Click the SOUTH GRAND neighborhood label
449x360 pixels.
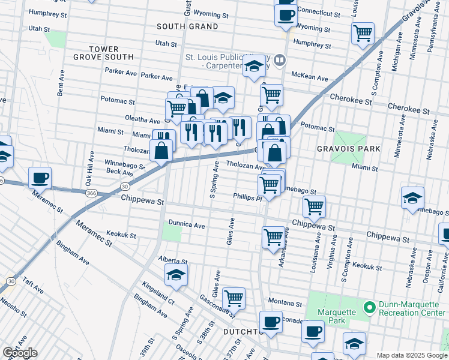point(187,26)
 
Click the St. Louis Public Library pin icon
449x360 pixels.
point(280,60)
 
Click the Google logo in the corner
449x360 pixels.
point(20,353)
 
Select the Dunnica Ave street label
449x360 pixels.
point(187,225)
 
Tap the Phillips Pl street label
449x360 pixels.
point(247,197)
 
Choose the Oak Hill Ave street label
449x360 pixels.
point(88,170)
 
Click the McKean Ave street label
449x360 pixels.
point(310,78)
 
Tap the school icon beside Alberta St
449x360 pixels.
point(176,275)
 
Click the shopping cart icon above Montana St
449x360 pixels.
point(234,297)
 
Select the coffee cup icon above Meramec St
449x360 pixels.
point(40,177)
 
